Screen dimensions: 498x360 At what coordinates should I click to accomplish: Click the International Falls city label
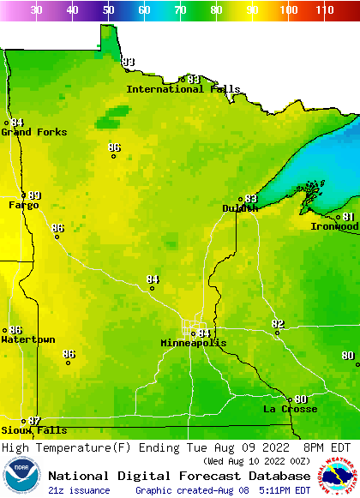(x=177, y=89)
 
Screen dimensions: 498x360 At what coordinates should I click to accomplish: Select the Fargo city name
(x=23, y=206)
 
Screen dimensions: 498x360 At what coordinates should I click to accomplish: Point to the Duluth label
(x=239, y=208)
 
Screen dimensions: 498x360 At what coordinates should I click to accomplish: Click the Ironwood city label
(x=334, y=226)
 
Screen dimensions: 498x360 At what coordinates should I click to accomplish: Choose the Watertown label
(x=27, y=340)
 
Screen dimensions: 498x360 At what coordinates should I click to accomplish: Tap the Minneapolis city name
(x=194, y=343)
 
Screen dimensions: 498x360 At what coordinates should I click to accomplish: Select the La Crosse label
(x=290, y=409)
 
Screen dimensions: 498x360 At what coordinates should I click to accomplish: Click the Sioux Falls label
(x=33, y=430)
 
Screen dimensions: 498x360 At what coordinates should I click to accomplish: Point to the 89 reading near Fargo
(x=34, y=195)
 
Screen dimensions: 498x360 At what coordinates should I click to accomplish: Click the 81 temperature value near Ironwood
(x=349, y=217)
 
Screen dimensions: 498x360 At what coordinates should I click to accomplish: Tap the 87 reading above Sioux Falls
(x=34, y=421)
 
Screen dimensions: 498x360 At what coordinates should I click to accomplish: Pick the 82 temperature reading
(x=278, y=324)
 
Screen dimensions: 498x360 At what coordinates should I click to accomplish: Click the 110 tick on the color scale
(x=324, y=10)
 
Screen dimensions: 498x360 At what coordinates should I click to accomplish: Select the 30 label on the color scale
(x=37, y=10)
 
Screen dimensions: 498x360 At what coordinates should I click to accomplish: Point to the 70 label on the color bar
(x=181, y=10)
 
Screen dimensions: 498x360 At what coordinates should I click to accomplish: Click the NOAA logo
(x=21, y=476)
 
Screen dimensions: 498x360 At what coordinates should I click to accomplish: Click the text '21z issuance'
(x=79, y=490)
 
